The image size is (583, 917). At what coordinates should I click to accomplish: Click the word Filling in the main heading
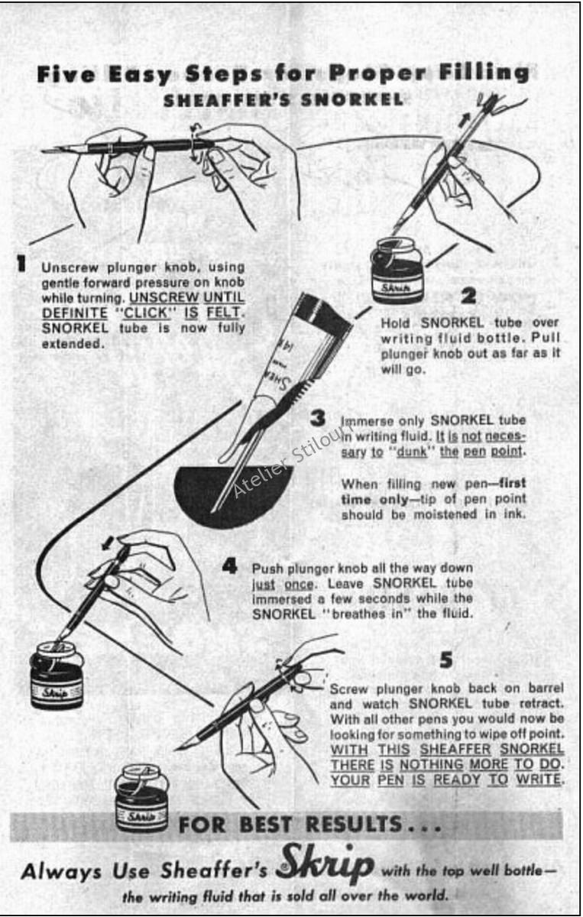click(x=484, y=73)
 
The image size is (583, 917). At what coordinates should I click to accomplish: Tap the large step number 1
click(x=21, y=263)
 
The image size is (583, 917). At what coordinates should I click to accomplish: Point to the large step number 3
click(x=318, y=418)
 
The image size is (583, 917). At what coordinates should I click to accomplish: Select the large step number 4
click(x=230, y=566)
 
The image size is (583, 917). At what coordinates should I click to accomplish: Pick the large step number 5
click(x=446, y=659)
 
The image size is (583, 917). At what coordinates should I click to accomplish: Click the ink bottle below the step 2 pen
click(x=397, y=271)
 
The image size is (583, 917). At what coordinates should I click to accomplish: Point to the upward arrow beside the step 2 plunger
click(x=465, y=119)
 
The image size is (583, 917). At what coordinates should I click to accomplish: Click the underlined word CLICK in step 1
click(x=147, y=313)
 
